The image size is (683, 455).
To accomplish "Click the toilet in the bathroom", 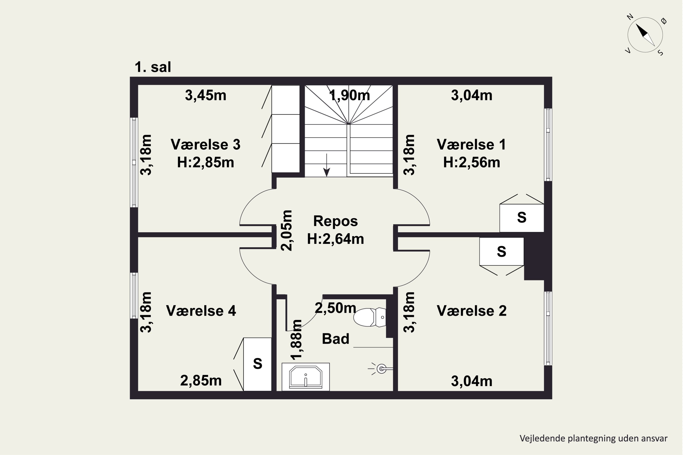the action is point(369,317).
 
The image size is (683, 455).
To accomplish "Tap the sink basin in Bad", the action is point(306,377).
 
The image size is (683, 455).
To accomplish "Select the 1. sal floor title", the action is point(153,67).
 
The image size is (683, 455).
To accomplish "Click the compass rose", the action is point(645,35).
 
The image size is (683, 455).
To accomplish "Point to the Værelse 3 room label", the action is point(206,144).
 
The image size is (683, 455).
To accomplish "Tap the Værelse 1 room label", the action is point(471,144).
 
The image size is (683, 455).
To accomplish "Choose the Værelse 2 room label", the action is point(471,311).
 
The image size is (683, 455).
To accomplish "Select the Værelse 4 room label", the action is point(201,311).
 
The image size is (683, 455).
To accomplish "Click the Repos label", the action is point(335,221).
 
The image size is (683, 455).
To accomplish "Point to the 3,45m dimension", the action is point(206,96).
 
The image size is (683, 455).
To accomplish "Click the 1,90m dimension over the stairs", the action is point(350,96).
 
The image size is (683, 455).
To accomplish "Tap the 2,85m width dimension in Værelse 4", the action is point(201,381).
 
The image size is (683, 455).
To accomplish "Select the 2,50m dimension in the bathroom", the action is point(335,308).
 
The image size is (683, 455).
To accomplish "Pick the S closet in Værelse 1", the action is point(522,218).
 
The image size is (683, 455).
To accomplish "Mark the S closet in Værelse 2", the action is point(502,252).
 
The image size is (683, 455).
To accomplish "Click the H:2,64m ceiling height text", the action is point(335,239).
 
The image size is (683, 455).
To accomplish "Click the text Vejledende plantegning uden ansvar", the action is point(594,438).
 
